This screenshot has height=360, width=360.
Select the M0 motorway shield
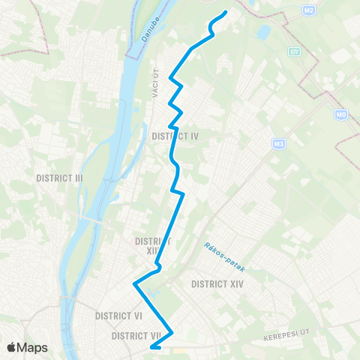click(341, 115)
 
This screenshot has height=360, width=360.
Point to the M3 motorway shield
click(280, 143)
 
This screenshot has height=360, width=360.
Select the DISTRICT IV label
click(175, 136)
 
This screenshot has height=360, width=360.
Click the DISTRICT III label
click(59, 178)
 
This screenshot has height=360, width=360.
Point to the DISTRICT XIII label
click(152, 246)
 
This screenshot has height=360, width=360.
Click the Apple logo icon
click(12, 347)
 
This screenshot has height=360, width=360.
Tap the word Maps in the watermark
click(33, 347)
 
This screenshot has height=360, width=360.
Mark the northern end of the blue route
click(226, 12)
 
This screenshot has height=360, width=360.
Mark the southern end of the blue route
click(152, 347)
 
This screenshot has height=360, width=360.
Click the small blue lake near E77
click(263, 33)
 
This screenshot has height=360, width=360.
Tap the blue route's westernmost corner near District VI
click(135, 284)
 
